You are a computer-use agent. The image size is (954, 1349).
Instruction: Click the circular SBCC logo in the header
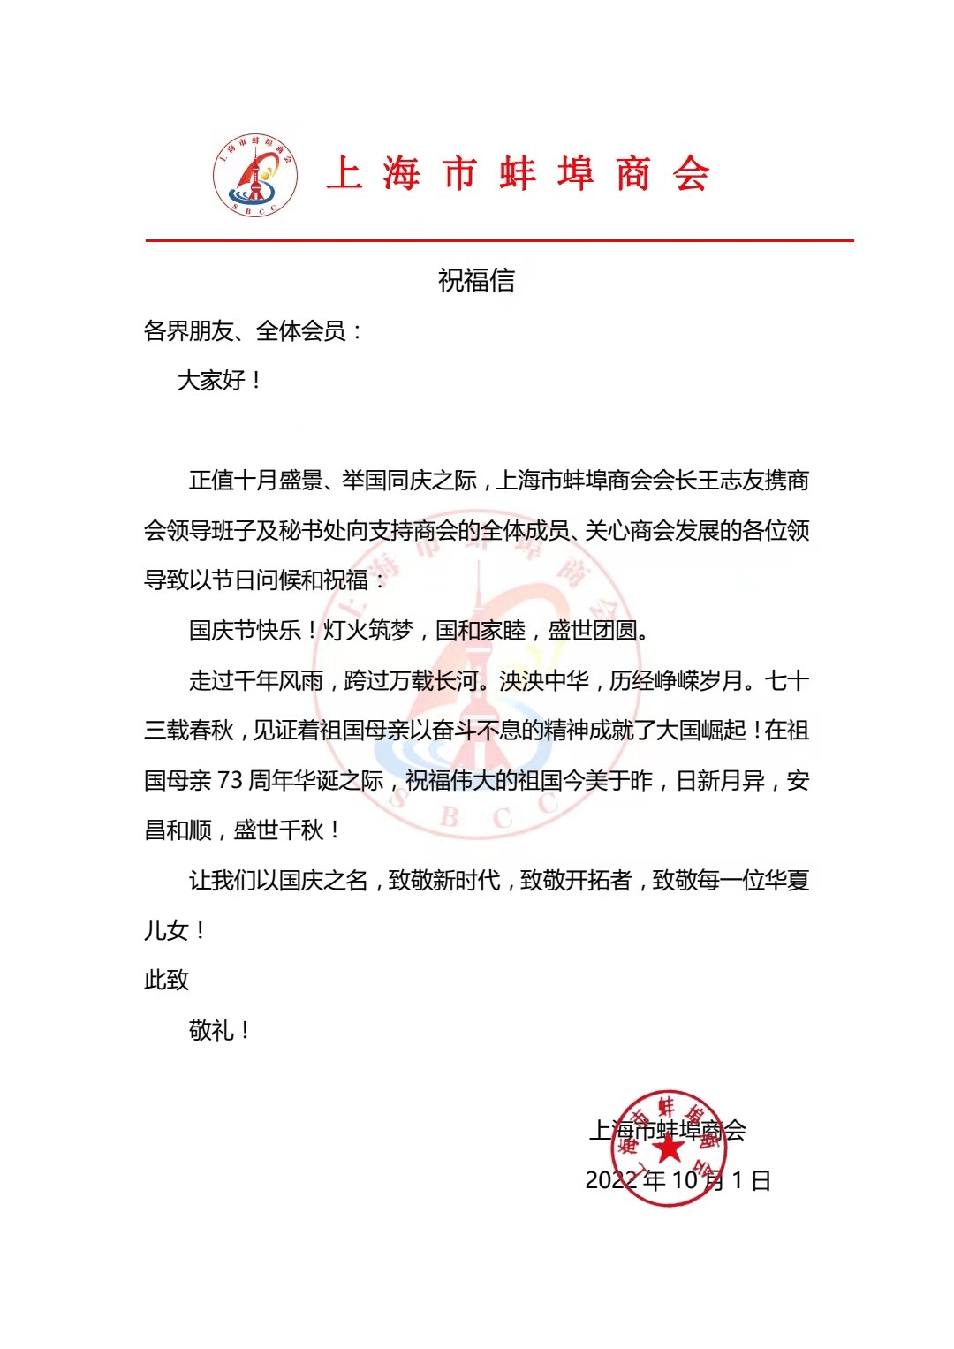[x=254, y=173]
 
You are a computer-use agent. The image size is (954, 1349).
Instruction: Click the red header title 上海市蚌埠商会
[x=519, y=173]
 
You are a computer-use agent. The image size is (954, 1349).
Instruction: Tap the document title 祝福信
[x=476, y=281]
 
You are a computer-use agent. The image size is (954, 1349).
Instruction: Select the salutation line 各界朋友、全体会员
[x=253, y=331]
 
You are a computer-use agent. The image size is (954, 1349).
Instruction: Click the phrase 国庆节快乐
[x=234, y=631]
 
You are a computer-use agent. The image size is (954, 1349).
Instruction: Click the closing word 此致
[x=167, y=980]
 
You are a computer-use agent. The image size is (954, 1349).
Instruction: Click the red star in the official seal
[x=668, y=1149]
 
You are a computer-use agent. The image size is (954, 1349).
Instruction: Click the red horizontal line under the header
[x=499, y=239]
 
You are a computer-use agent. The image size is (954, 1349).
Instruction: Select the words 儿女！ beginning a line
[x=174, y=930]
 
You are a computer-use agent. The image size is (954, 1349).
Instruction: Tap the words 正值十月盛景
[x=256, y=481]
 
